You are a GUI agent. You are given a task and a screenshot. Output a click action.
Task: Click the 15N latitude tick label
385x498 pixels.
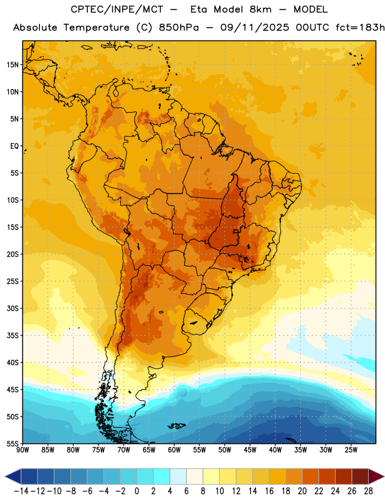point(12,65)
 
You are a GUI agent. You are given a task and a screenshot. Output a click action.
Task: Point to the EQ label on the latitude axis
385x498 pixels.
point(14,146)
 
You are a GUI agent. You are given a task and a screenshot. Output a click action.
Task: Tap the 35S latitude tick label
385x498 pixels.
point(12,336)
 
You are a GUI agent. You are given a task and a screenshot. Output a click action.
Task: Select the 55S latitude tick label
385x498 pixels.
point(12,443)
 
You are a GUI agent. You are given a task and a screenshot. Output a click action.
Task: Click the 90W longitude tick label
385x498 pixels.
point(22,450)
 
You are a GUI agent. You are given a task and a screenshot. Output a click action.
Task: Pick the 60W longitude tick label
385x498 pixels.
point(174,450)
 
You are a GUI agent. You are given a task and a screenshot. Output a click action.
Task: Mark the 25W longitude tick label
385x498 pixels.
point(351,450)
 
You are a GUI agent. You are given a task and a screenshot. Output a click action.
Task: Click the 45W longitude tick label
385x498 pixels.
point(250,450)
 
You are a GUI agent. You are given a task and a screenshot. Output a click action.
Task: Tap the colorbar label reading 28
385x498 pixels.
point(368,491)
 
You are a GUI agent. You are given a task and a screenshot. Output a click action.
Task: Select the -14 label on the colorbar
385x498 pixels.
point(21,491)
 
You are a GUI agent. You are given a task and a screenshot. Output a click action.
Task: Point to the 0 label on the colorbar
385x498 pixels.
point(136,491)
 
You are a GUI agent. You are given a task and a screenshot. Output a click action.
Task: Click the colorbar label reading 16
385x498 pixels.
point(269,491)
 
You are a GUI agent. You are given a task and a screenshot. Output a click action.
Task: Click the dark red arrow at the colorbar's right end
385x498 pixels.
point(376,476)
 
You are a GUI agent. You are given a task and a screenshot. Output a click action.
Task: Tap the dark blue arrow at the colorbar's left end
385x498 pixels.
point(13,476)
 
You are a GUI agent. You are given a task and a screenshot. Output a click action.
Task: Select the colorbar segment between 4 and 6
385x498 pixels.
point(178,476)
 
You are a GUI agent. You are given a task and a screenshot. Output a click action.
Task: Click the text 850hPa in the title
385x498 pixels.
point(179,27)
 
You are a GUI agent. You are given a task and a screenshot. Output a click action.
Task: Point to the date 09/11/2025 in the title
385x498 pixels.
point(255,27)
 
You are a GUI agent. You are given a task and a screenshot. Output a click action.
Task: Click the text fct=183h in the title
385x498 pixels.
point(360,27)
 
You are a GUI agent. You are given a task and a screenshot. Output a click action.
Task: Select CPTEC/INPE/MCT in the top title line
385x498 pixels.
point(116,9)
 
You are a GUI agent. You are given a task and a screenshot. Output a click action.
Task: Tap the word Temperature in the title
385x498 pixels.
point(97,28)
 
